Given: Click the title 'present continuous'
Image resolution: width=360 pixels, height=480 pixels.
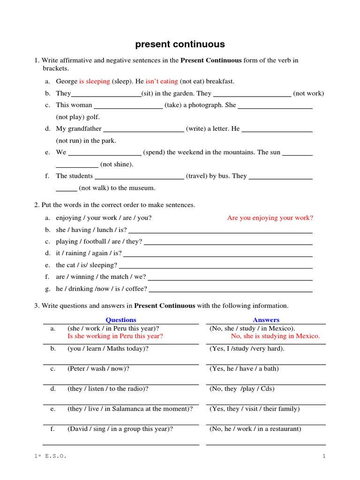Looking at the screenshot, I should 180,45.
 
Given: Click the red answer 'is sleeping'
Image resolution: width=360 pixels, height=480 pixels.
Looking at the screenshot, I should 94,81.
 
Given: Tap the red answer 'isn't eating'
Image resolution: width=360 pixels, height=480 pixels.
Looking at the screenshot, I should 162,81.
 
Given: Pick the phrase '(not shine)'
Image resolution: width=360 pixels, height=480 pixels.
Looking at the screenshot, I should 117,164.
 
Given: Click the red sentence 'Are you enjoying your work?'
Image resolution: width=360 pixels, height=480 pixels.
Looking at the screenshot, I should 270,217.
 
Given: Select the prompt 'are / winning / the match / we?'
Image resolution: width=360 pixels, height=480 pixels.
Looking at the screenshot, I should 101,277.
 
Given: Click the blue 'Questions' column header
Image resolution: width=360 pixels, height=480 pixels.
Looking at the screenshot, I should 121,320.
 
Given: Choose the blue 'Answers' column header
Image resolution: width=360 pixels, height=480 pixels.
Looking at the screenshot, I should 266,320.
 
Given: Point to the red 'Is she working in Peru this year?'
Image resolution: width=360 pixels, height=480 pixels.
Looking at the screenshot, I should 115,336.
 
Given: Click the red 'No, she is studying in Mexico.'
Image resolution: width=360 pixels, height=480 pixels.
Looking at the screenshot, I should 276,336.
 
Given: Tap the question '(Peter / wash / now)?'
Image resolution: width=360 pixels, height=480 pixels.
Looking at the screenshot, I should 98,368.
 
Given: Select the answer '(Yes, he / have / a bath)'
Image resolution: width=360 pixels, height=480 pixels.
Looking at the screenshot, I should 244,368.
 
